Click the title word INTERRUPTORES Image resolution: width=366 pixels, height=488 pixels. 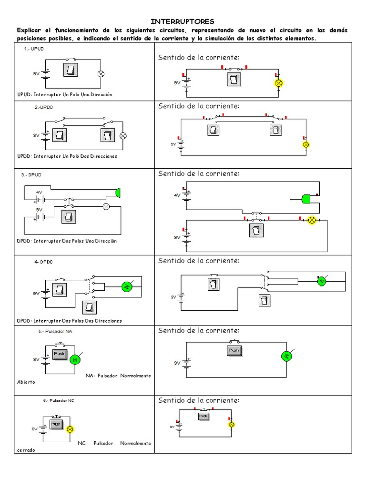coord(183,21)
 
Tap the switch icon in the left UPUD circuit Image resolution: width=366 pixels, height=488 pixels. coord(71,70)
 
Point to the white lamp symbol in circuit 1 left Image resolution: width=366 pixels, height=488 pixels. coord(101,74)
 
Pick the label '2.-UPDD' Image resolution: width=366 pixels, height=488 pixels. coord(43,108)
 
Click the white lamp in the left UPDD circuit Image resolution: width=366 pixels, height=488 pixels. coord(122,135)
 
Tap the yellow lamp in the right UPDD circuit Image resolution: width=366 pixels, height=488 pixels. coord(306,144)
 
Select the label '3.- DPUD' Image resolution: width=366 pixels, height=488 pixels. coord(31,175)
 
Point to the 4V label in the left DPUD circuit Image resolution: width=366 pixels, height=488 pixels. coord(40,193)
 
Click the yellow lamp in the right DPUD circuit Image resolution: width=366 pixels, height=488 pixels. coord(312,220)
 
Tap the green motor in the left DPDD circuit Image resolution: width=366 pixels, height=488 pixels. coord(127,286)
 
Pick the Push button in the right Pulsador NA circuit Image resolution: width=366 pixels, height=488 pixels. coord(234,350)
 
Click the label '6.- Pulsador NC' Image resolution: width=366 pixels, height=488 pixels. coord(59,401)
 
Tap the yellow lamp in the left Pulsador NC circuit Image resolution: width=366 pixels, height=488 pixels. coord(70,429)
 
